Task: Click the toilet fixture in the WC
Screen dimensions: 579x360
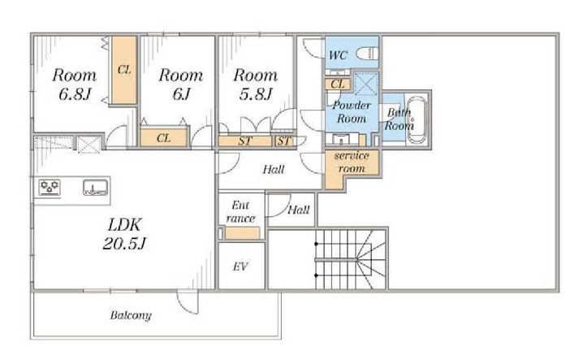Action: click(x=367, y=54)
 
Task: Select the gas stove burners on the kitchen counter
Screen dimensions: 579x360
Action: click(x=50, y=187)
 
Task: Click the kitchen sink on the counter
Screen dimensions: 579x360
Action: click(x=95, y=188)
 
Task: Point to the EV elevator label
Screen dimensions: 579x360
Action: click(x=240, y=267)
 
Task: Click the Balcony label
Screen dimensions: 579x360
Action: click(x=131, y=315)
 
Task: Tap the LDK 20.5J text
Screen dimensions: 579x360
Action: click(x=124, y=234)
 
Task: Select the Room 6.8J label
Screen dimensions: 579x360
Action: click(x=74, y=85)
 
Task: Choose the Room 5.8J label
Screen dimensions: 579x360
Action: click(x=255, y=85)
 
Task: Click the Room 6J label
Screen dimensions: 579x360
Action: click(x=181, y=85)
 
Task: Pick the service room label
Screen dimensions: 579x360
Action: click(x=352, y=162)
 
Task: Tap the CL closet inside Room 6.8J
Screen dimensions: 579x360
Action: click(x=124, y=70)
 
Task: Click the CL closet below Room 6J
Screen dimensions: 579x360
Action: click(x=163, y=137)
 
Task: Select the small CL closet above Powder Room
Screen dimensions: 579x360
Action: click(x=338, y=85)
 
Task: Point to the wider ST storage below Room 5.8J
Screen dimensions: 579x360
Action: click(x=245, y=141)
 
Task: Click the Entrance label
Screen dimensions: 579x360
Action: click(x=240, y=212)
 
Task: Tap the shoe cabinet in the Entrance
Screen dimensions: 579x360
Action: click(x=242, y=233)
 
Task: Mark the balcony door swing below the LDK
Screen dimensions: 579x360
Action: click(x=188, y=302)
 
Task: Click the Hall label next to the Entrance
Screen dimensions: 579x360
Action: click(x=298, y=210)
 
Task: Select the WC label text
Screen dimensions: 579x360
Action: click(x=338, y=55)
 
